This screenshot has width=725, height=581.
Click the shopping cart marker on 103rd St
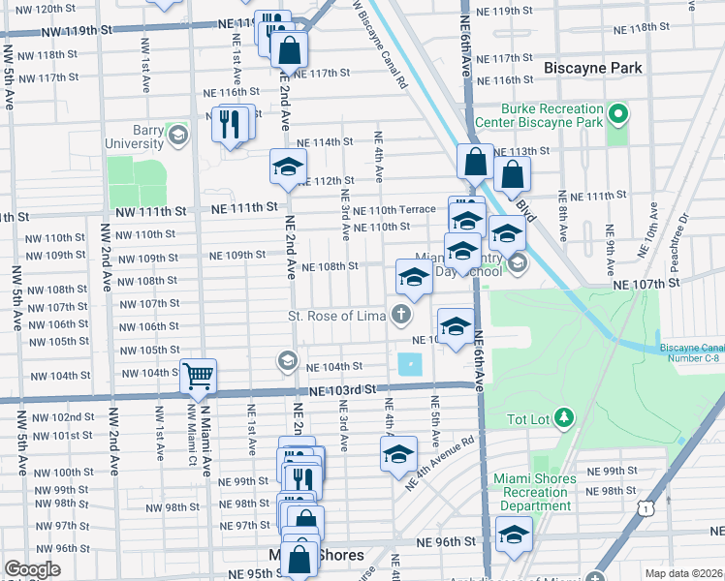pos(199,376)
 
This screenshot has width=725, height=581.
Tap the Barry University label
pos(135,137)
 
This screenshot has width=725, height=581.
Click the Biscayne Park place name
pos(590,69)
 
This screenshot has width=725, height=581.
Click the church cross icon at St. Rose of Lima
pos(399,316)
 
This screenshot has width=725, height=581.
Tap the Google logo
pos(32,569)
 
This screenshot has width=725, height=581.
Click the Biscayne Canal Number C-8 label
pos(691,353)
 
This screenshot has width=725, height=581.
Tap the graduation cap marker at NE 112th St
pos(287,168)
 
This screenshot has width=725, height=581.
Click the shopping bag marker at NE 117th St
pos(288,51)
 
